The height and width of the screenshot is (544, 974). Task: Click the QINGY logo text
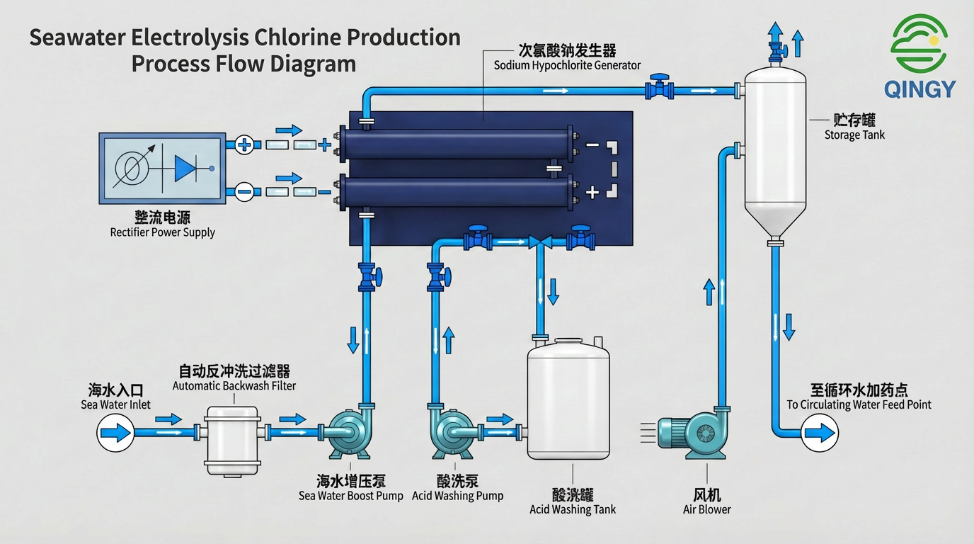click(x=919, y=89)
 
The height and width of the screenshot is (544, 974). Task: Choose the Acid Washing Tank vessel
click(x=569, y=400)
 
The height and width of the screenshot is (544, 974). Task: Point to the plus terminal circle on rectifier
click(x=244, y=144)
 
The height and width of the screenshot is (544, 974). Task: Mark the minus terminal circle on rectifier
click(x=244, y=191)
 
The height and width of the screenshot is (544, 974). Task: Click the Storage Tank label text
click(x=854, y=135)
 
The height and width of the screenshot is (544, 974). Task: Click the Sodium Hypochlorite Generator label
click(x=567, y=65)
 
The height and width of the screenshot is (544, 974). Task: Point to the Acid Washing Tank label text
click(x=573, y=509)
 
